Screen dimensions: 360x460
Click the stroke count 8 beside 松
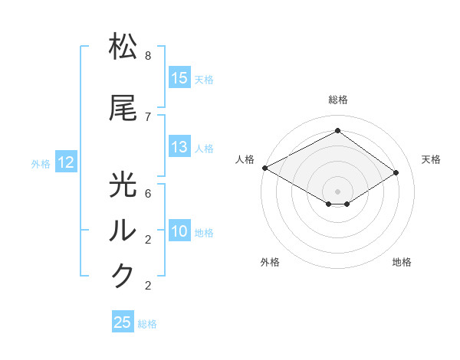click(x=148, y=56)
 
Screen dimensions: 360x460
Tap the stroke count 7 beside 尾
click(x=148, y=116)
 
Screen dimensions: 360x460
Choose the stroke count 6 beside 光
click(x=148, y=194)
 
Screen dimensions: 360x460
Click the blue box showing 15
click(x=179, y=78)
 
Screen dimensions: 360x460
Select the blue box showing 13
click(x=179, y=147)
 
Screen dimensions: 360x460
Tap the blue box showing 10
click(x=179, y=231)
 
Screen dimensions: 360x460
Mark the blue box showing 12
click(x=66, y=162)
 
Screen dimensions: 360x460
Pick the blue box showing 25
click(x=123, y=322)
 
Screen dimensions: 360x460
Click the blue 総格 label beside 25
click(x=147, y=324)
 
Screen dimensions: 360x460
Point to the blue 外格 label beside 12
click(x=41, y=163)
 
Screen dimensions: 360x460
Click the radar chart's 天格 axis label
click(x=431, y=159)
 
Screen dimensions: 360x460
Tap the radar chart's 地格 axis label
click(x=402, y=262)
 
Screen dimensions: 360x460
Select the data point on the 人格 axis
click(x=264, y=168)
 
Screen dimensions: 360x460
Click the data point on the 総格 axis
click(x=337, y=131)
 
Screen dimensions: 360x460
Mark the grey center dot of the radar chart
click(x=337, y=190)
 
